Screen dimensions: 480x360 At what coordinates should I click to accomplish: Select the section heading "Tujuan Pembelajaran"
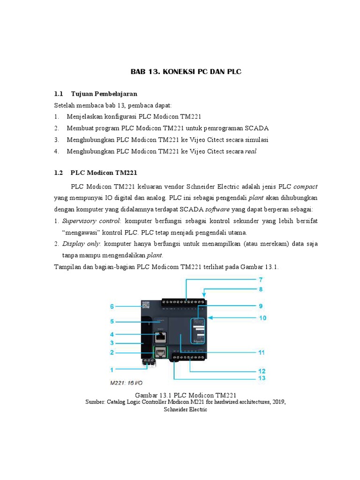(104, 94)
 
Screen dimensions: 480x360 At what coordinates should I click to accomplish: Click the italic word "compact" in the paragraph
(305, 185)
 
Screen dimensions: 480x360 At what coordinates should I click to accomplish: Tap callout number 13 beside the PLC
(260, 378)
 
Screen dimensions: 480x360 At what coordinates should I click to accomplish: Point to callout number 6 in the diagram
(112, 306)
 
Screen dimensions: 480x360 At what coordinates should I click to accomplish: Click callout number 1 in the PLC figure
(112, 369)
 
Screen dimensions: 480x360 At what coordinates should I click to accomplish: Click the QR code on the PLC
(145, 305)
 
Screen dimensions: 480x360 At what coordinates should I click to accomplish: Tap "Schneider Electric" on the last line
(185, 409)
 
